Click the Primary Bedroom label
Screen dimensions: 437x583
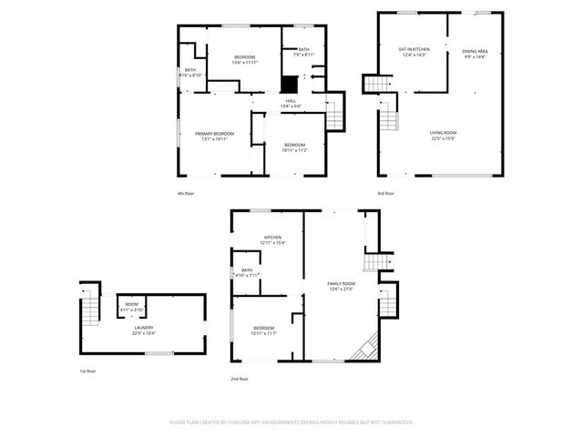[x=214, y=137]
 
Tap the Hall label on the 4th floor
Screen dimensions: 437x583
[x=291, y=103]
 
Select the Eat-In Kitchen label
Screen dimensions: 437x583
[x=414, y=53]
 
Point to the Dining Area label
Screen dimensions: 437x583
[x=475, y=54]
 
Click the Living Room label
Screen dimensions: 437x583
[x=444, y=136]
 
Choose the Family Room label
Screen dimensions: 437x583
[x=342, y=286]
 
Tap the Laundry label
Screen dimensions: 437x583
[x=144, y=330]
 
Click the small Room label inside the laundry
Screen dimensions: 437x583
[x=132, y=307]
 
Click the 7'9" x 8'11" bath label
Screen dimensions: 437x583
[x=303, y=52]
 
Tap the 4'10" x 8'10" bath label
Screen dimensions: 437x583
[x=190, y=73]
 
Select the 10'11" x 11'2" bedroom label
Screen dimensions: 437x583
[x=294, y=147]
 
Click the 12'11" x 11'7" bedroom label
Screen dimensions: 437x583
[x=263, y=330]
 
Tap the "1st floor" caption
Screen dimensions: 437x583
[x=87, y=371]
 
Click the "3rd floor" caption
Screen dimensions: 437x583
[x=385, y=193]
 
